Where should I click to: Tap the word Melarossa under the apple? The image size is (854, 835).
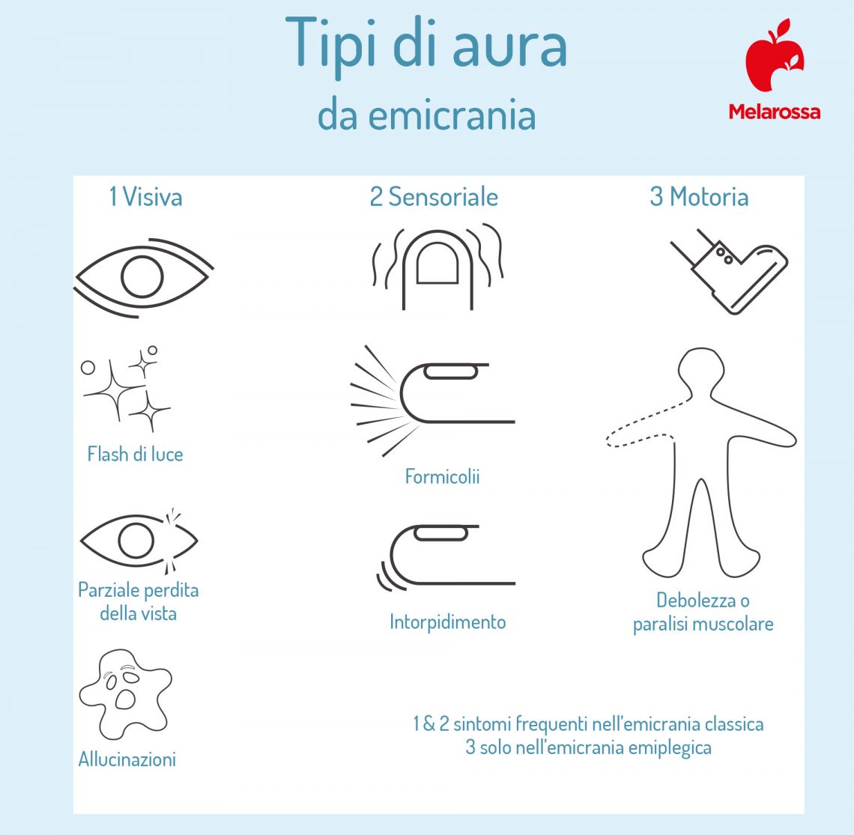point(774,112)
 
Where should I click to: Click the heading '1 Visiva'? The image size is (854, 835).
point(145,197)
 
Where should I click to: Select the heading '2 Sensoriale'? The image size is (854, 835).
point(434,197)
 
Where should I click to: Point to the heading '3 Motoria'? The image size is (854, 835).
point(699,197)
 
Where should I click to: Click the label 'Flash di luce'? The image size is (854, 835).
point(135,455)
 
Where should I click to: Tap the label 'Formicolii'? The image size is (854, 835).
point(442,476)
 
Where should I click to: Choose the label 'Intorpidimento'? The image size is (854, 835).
point(447,622)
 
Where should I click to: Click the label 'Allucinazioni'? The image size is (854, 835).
point(127,759)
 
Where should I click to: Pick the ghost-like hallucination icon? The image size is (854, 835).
point(125,693)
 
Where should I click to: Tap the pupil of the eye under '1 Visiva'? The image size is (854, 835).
point(142,276)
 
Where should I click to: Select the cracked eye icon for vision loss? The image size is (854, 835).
point(139,539)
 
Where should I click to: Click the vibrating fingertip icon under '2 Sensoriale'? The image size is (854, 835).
point(437,266)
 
